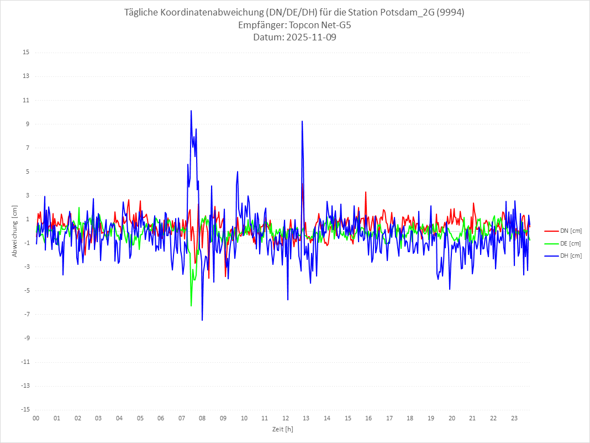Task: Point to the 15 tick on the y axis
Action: [x=26, y=53]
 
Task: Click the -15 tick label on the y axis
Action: [x=25, y=409]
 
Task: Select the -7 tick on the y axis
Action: [x=27, y=314]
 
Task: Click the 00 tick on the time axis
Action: [x=36, y=418]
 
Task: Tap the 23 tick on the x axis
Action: [x=514, y=418]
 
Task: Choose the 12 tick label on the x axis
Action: [x=286, y=418]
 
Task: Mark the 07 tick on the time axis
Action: [x=182, y=418]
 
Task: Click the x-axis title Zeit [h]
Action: [x=282, y=429]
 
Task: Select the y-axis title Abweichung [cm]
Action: [x=15, y=231]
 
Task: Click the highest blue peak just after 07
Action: [x=191, y=111]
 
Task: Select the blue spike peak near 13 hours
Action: [x=302, y=121]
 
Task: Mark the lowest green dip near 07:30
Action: [x=191, y=306]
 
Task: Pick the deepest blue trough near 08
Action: [x=202, y=320]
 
